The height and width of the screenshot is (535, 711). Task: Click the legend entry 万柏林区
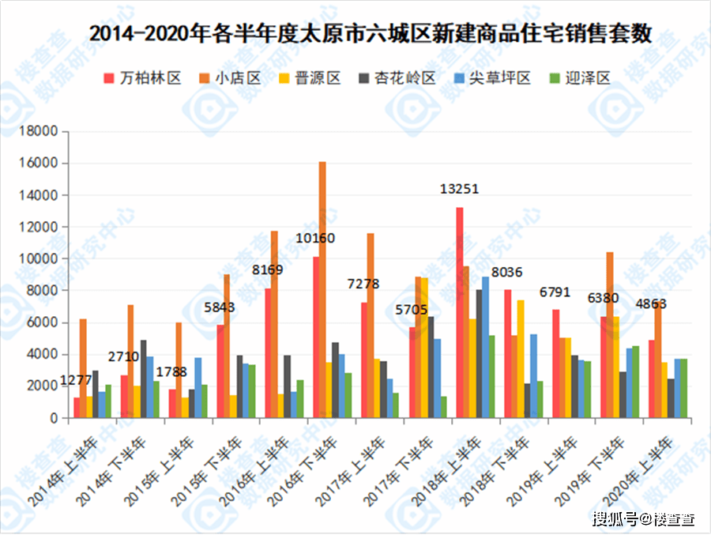143,78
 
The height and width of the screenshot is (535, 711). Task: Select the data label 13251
460,190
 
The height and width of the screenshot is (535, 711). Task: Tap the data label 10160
315,239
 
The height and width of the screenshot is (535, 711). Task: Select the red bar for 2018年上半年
460,312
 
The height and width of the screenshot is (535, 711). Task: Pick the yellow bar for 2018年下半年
521,359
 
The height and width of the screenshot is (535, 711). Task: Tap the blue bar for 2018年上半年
485,347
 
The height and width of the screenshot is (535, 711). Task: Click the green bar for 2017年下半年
443,407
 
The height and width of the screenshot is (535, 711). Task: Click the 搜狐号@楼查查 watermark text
643,519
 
